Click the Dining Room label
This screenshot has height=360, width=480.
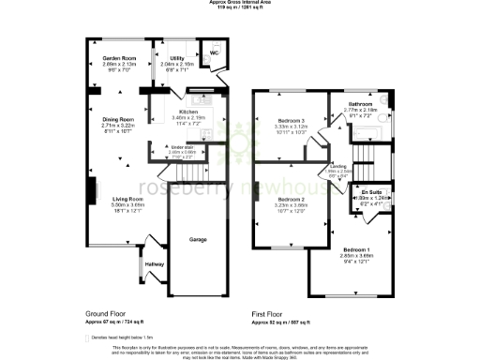pos(118,120)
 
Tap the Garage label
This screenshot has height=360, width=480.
pos(198,240)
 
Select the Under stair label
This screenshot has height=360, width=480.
pos(183,147)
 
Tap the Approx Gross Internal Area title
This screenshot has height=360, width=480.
pos(240,3)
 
